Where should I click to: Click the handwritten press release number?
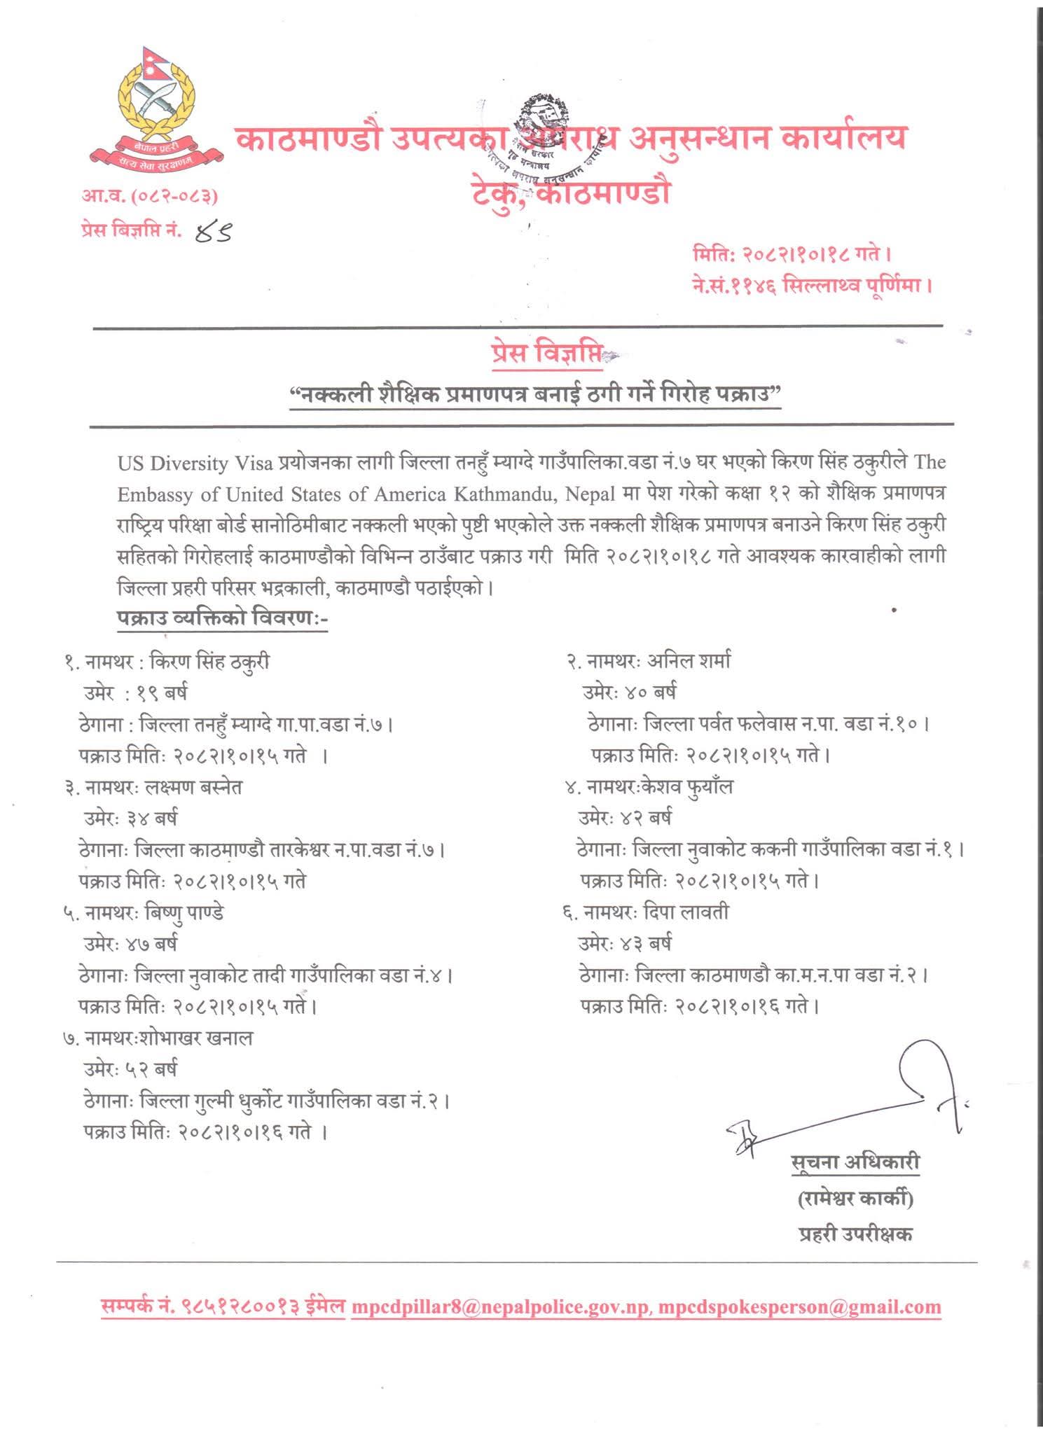(214, 232)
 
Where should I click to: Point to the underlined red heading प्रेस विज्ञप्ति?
(547, 355)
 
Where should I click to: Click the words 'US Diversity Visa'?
(195, 464)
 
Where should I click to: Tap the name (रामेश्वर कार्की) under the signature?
(855, 1199)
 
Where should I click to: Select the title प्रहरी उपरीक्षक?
(855, 1234)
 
